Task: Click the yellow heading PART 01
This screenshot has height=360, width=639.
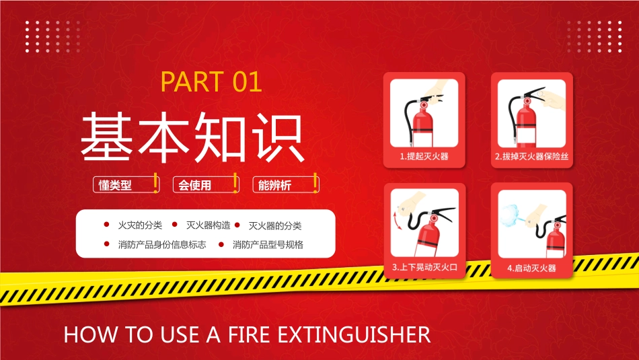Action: [211, 81]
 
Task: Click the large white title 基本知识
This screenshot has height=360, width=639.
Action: [192, 137]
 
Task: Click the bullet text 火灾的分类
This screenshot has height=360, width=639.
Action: [140, 225]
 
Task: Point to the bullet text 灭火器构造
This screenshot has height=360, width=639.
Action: [208, 225]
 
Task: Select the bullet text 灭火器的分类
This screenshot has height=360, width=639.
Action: [275, 225]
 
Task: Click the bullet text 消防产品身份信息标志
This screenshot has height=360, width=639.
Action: [161, 244]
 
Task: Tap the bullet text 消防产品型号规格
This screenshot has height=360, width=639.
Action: [268, 244]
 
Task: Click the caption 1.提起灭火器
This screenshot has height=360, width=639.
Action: [424, 157]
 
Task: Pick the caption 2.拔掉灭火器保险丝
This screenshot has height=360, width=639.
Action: [531, 157]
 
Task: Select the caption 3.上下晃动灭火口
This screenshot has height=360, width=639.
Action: [424, 267]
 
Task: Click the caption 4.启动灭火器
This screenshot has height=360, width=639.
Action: [531, 267]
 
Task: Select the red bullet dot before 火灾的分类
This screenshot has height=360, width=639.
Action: [106, 225]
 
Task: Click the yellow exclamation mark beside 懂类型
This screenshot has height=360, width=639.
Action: [156, 182]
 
